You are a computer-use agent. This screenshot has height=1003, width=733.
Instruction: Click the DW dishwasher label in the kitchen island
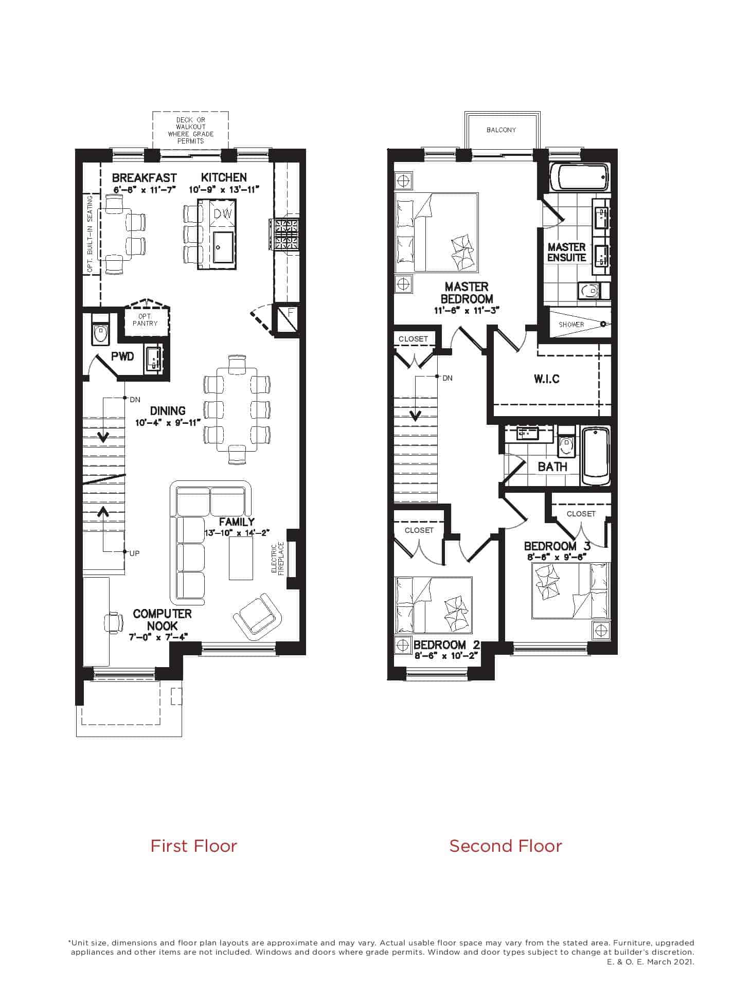click(223, 214)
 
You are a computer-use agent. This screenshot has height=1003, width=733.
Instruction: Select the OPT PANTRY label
click(145, 319)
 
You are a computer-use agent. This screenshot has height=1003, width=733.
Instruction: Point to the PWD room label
click(122, 356)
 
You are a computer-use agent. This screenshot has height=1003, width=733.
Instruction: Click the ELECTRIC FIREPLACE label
click(278, 559)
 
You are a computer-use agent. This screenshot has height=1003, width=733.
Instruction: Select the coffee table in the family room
click(241, 558)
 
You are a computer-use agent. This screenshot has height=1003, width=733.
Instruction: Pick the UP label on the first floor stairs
click(134, 553)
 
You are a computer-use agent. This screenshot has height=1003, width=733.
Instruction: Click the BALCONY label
click(501, 130)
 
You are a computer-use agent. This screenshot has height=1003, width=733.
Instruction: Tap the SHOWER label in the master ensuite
click(571, 325)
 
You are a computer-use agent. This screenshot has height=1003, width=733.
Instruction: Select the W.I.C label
click(546, 379)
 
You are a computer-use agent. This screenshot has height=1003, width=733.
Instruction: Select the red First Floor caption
click(194, 846)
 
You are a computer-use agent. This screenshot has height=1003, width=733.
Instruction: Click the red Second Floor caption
click(506, 846)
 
